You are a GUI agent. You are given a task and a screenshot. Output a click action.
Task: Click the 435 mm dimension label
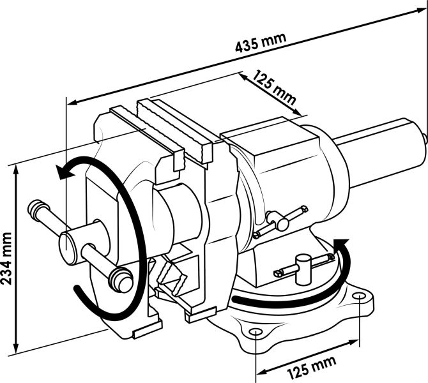[261, 43]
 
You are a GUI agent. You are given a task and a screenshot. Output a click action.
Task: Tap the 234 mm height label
[6, 259]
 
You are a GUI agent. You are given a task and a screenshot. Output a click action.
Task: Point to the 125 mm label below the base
[312, 367]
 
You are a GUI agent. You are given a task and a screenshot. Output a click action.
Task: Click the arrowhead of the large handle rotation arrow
[65, 172]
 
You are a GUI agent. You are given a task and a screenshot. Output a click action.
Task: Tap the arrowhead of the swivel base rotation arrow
[340, 244]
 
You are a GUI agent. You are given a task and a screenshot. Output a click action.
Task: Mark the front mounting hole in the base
[256, 331]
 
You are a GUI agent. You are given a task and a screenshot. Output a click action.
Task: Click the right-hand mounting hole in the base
[359, 296]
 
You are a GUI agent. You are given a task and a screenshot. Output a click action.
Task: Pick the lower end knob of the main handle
[121, 280]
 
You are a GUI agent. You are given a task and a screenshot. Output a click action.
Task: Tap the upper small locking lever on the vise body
[281, 220]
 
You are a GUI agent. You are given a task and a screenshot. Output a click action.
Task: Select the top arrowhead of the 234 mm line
[16, 171]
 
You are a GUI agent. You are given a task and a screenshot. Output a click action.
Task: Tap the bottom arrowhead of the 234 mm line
[16, 347]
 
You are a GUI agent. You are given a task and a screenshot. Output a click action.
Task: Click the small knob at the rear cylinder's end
[425, 138]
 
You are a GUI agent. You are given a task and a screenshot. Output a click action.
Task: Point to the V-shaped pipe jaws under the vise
[171, 276]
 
